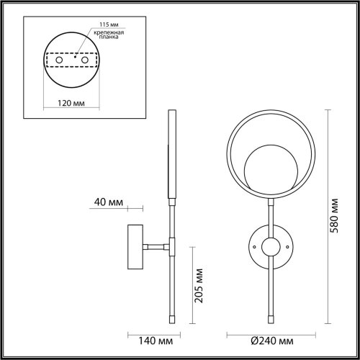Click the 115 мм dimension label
point(109,24)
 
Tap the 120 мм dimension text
point(71,103)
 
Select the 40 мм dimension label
point(109,202)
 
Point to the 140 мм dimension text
point(156,341)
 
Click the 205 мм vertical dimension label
point(199,286)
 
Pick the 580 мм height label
point(334,215)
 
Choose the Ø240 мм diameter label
point(272,341)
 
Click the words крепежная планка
point(109,35)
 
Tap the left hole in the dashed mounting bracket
point(59,60)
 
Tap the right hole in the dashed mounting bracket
point(85,60)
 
